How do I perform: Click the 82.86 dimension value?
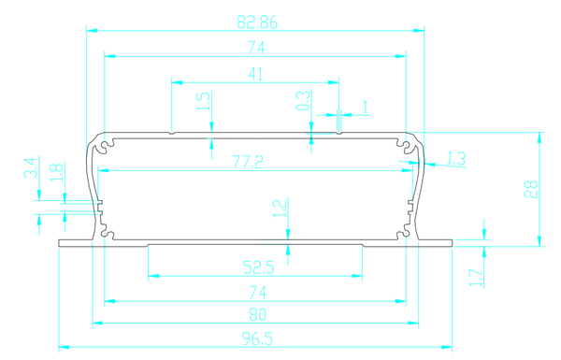pyautogui.click(x=257, y=22)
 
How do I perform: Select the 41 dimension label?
pyautogui.click(x=255, y=74)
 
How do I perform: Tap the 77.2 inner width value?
pyautogui.click(x=248, y=162)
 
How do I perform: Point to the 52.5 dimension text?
pyautogui.click(x=258, y=267)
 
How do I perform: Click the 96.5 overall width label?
pyautogui.click(x=257, y=338)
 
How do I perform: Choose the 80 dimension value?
pyautogui.click(x=258, y=314)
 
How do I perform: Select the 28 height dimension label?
pyautogui.click(x=531, y=189)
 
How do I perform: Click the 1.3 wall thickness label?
pyautogui.click(x=456, y=158)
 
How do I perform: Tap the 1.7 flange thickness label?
pyautogui.click(x=476, y=278)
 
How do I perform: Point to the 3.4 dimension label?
pyautogui.click(x=31, y=167)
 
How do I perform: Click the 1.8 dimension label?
pyautogui.click(x=56, y=172)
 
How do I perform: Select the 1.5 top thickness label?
pyautogui.click(x=203, y=101)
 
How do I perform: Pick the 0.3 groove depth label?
pyautogui.click(x=303, y=101)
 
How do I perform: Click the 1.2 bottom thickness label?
pyautogui.click(x=280, y=209)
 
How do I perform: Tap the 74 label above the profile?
pyautogui.click(x=256, y=48)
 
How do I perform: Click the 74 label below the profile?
pyautogui.click(x=258, y=293)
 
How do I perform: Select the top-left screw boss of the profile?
pyautogui.click(x=105, y=146)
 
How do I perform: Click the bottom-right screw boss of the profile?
pyautogui.click(x=405, y=234)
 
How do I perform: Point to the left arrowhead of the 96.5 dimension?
pyautogui.click(x=64, y=347)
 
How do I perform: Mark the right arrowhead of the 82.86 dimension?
pyautogui.click(x=419, y=31)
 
